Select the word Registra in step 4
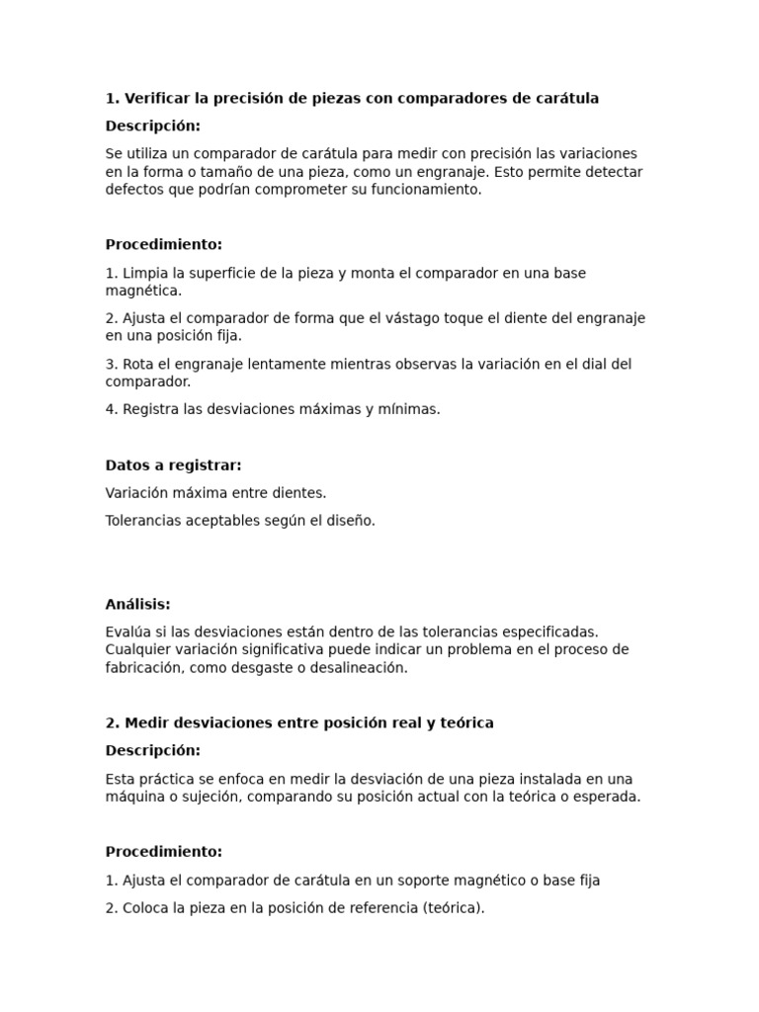(151, 409)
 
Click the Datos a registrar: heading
(173, 464)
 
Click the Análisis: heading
(137, 604)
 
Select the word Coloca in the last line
(145, 907)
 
